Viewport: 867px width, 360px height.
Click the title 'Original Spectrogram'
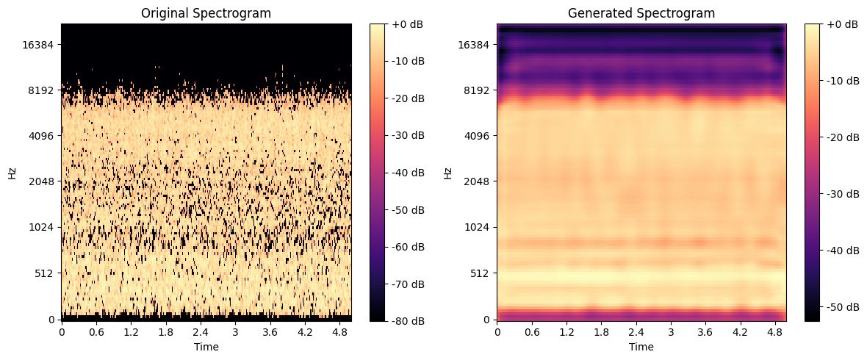coord(206,12)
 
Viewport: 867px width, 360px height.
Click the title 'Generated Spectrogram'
coord(641,12)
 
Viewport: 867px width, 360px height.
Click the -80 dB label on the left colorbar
coord(406,321)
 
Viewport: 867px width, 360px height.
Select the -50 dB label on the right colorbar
coord(841,307)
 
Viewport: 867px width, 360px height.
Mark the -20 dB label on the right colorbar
coord(841,137)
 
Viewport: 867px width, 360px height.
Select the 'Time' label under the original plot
coord(206,345)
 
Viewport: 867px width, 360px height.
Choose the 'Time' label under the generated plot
coord(641,345)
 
